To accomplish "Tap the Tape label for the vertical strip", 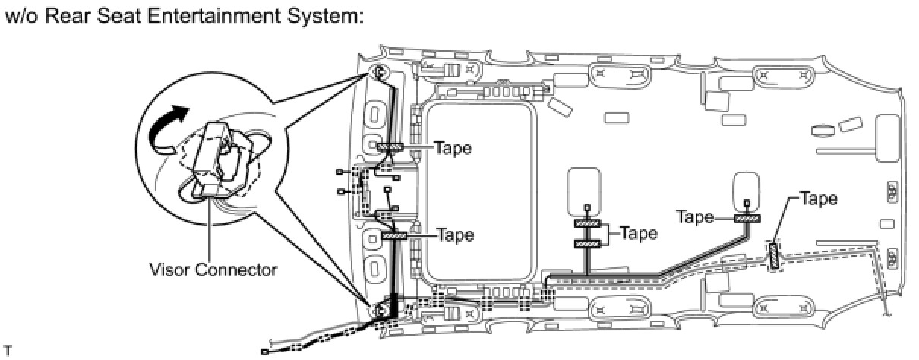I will tap(819, 199).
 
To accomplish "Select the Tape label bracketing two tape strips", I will tap(639, 233).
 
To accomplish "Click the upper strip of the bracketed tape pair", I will tap(587, 224).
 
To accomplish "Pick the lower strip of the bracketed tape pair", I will tap(587, 244).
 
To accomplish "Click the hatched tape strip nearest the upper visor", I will tap(390, 147).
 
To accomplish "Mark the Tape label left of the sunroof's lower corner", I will tap(455, 235).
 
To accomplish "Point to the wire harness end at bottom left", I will tap(264, 352).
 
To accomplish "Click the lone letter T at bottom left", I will tap(7, 351).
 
